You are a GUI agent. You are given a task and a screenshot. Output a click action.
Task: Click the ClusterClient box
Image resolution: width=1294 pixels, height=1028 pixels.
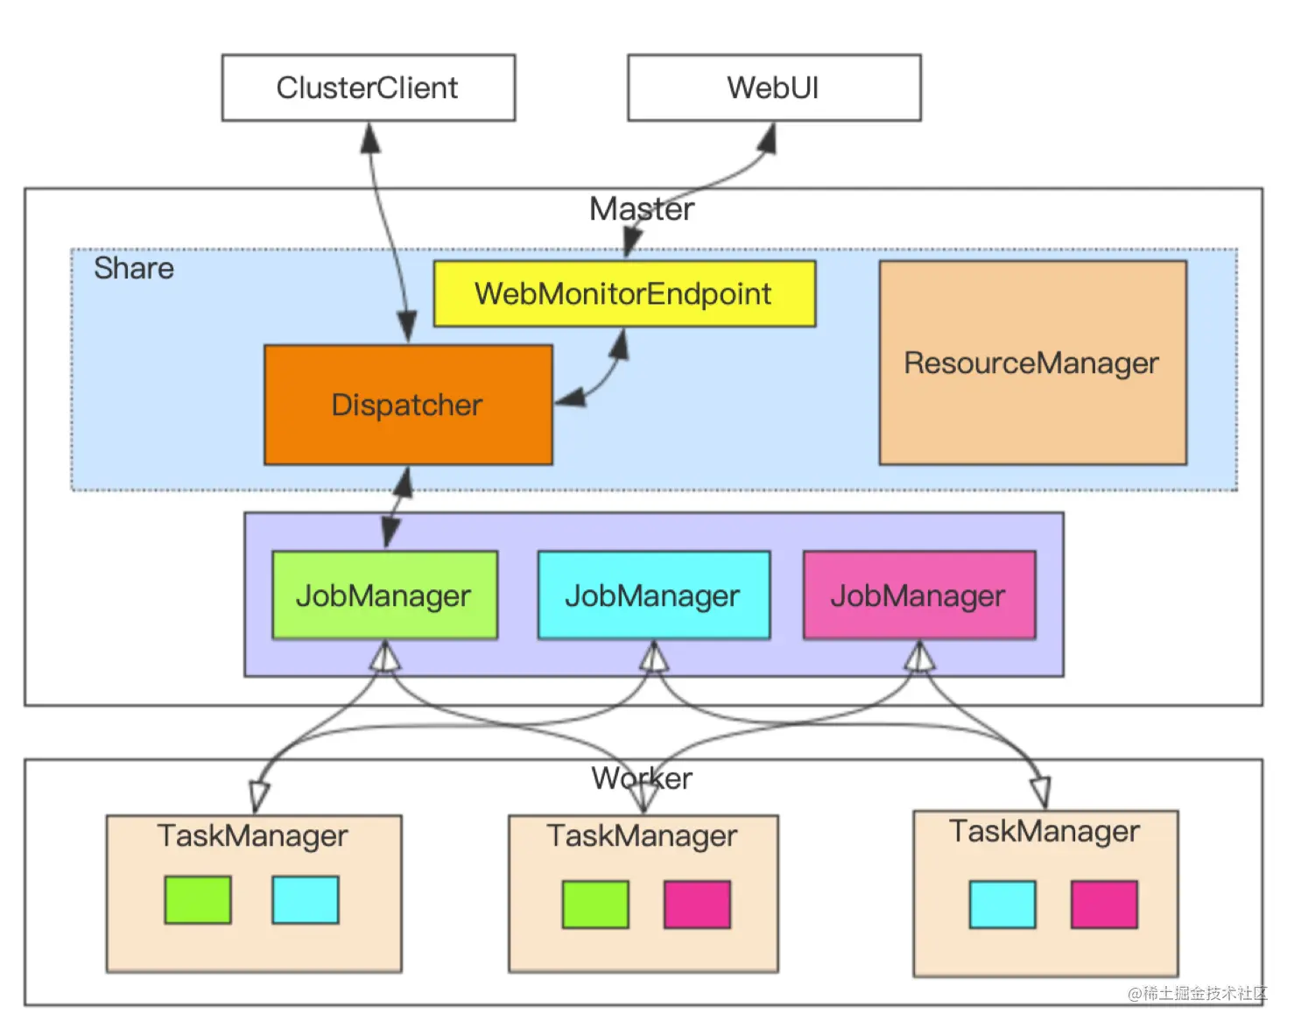click(369, 88)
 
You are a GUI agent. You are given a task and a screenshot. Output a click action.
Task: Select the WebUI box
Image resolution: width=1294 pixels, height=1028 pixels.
click(774, 88)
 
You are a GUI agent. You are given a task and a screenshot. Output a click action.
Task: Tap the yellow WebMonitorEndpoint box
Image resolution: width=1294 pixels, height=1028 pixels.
click(624, 293)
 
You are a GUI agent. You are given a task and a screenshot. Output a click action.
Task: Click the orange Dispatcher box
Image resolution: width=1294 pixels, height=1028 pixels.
click(408, 405)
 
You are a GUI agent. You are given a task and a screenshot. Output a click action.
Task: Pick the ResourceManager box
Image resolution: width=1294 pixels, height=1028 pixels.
click(1032, 363)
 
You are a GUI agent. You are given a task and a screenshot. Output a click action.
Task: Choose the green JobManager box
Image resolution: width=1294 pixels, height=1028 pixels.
click(384, 595)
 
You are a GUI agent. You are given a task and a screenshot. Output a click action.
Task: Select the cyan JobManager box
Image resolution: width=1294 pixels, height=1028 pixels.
click(653, 595)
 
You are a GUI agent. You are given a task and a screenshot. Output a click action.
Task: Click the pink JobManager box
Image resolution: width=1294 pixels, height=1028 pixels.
click(918, 595)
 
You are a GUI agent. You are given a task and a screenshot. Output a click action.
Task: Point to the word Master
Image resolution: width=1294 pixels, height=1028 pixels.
click(642, 209)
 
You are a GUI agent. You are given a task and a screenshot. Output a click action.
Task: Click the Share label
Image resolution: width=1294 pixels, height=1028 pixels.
click(134, 268)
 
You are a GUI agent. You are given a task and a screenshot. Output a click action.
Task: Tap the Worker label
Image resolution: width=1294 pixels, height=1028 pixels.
click(642, 778)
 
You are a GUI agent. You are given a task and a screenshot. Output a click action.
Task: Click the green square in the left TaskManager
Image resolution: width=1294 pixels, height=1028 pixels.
click(198, 899)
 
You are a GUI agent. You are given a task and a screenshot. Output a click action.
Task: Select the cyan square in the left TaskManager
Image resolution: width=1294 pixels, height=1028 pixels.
click(306, 899)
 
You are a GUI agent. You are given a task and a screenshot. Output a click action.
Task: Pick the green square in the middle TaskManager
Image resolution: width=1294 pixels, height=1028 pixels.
click(595, 905)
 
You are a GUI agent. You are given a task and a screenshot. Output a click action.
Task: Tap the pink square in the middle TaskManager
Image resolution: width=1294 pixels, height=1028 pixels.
click(697, 905)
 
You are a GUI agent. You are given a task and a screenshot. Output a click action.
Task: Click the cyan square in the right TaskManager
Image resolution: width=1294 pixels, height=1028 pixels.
click(1002, 905)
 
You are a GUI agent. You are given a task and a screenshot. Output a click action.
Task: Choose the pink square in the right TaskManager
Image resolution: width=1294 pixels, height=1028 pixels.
click(1104, 905)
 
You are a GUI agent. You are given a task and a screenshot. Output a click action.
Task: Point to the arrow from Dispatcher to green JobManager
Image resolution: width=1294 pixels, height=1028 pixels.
click(397, 508)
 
